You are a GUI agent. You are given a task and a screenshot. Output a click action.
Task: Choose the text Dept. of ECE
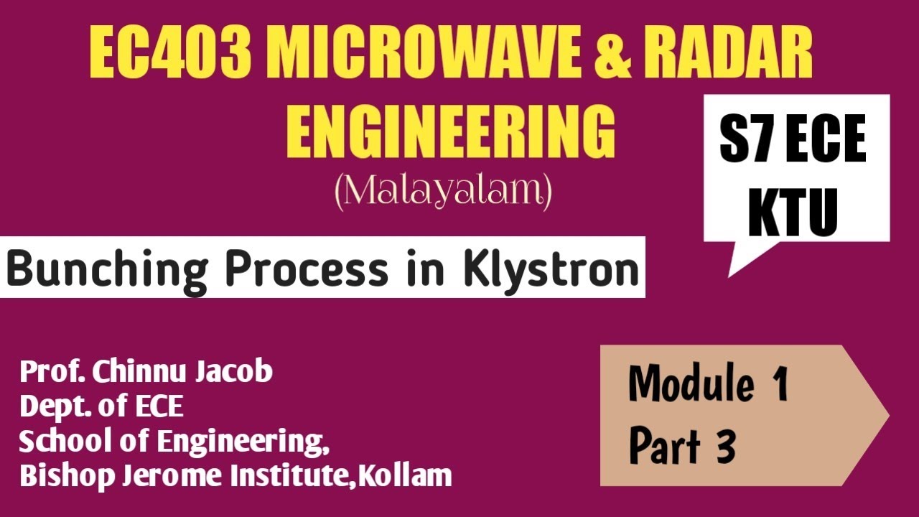pos(101,406)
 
